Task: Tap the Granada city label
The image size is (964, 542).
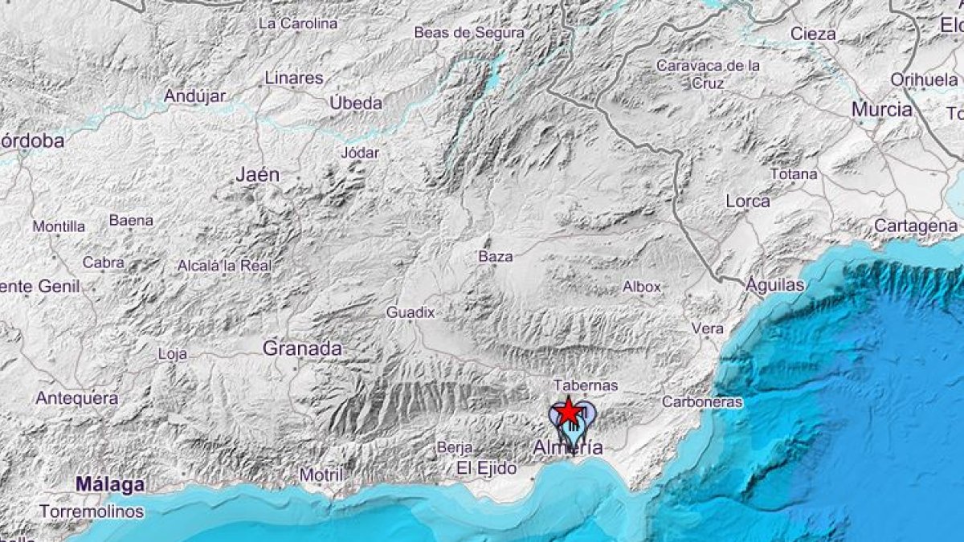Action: (302, 348)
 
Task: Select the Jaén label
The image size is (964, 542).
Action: (258, 173)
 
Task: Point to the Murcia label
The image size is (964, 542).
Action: (881, 109)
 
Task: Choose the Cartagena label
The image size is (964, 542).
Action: (916, 226)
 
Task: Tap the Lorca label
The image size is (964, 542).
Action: (748, 201)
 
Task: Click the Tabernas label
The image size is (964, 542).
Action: (586, 385)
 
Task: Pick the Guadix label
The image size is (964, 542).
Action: (410, 312)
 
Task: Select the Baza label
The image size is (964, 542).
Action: (495, 256)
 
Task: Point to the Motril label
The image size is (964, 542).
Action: (321, 475)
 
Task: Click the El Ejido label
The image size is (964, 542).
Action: (486, 468)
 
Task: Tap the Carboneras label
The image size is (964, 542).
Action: (702, 401)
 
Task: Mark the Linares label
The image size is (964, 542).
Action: (294, 79)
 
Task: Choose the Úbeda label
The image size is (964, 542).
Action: (356, 103)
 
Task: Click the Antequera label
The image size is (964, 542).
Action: (77, 397)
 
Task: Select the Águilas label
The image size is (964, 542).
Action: (774, 284)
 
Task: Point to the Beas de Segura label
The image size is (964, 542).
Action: (469, 33)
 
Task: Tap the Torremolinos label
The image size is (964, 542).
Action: (92, 511)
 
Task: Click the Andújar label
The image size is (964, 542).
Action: (195, 96)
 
